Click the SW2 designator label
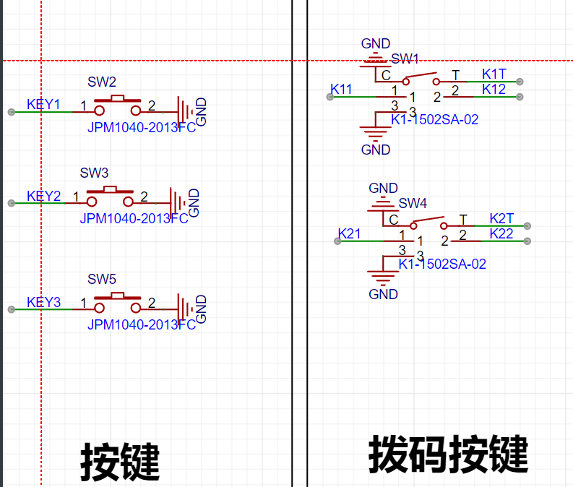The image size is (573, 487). tap(102, 82)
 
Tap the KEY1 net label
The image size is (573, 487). tap(43, 105)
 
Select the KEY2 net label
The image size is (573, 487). tap(43, 197)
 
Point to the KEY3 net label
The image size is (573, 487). tap(43, 303)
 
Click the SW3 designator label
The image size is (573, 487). tap(94, 173)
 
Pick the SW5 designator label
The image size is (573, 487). tap(102, 279)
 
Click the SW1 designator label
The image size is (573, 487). tap(405, 59)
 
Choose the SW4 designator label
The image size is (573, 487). tap(413, 203)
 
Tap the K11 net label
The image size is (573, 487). tap(341, 89)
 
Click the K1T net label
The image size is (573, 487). tap(494, 74)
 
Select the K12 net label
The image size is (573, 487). tap(494, 89)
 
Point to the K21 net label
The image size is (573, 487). tap(349, 234)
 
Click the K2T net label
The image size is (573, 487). tap(501, 218)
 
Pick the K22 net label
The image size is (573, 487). tap(501, 234)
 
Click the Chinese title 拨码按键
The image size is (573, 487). tap(449, 454)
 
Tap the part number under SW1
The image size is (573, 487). tap(435, 119)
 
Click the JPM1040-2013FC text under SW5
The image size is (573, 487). tap(142, 325)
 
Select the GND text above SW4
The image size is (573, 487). tap(384, 188)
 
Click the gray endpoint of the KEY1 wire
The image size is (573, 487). tap(12, 112)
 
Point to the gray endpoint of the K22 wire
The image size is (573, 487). tap(527, 241)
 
